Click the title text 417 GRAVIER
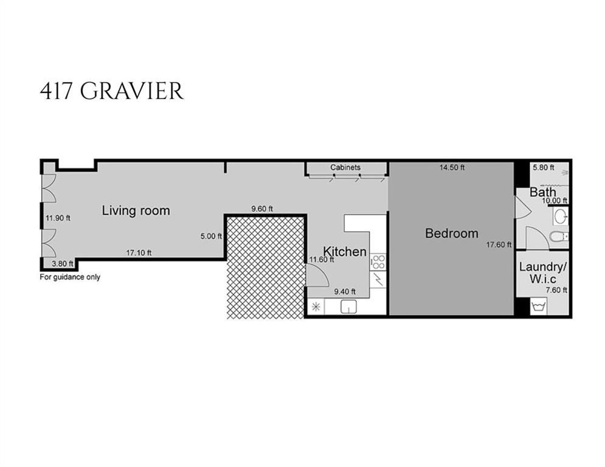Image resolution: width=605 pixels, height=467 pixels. pyautogui.click(x=111, y=91)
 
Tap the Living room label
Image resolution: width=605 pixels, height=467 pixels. pyautogui.click(x=136, y=211)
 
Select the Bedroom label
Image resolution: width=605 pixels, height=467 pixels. pyautogui.click(x=451, y=233)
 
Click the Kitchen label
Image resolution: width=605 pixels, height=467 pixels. pyautogui.click(x=344, y=251)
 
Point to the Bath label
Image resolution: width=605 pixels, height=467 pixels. pyautogui.click(x=542, y=192)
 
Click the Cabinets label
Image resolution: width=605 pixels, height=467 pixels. pyautogui.click(x=345, y=167)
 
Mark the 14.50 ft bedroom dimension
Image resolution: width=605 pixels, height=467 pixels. pyautogui.click(x=452, y=167)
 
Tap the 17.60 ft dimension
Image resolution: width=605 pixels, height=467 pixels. pyautogui.click(x=499, y=245)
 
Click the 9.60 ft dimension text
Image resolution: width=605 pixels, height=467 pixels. pyautogui.click(x=262, y=209)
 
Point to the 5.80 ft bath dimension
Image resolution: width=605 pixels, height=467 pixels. pyautogui.click(x=544, y=167)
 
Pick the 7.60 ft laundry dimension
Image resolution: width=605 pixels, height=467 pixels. pyautogui.click(x=555, y=290)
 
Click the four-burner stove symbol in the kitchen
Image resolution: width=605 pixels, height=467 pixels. pyautogui.click(x=378, y=262)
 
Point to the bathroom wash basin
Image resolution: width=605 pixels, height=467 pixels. pyautogui.click(x=561, y=215)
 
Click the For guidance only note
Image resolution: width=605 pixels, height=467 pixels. pyautogui.click(x=70, y=277)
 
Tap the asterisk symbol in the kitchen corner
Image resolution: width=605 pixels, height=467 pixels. pyautogui.click(x=316, y=307)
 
